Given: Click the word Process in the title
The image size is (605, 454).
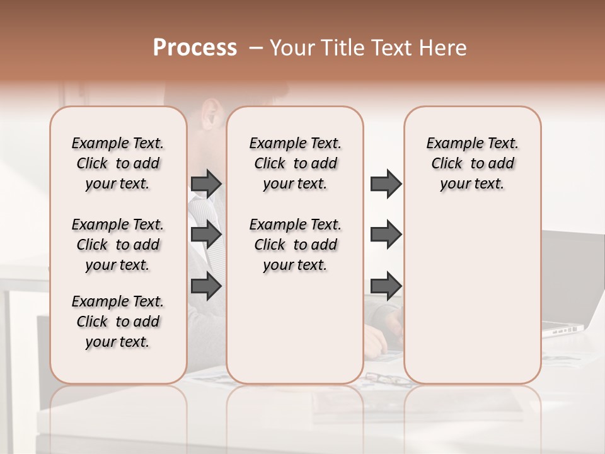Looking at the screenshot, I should point(195,48).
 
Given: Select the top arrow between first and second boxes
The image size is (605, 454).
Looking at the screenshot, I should point(205,183).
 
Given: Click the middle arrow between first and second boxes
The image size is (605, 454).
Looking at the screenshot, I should point(205,235).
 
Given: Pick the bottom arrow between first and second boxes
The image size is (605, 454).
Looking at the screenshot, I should point(205,286).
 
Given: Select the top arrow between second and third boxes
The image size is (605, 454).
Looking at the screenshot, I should point(385,183).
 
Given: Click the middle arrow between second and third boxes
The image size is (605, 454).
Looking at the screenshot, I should point(385,235).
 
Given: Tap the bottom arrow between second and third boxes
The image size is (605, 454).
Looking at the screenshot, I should point(385,286).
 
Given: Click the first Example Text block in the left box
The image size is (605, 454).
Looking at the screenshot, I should point(118,163).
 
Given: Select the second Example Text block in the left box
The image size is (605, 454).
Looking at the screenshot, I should point(118,245).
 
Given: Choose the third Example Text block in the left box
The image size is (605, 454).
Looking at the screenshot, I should point(118,322).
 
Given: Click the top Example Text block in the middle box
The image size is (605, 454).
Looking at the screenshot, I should point(296,163).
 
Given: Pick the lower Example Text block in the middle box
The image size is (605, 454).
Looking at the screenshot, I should point(296,245).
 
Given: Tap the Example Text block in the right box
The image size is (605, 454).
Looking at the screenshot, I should point(473,163).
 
